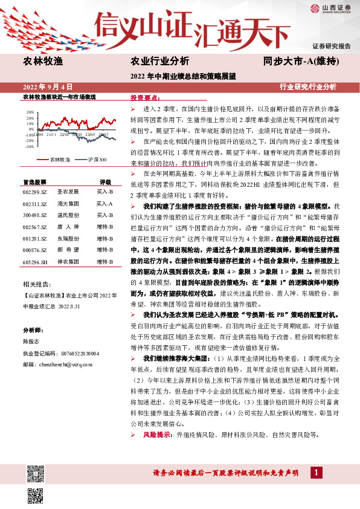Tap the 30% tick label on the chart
coord(29,112)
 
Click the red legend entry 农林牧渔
coord(54,159)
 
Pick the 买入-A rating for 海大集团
coord(104,204)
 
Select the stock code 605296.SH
coord(34,262)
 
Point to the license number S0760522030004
coord(73,353)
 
